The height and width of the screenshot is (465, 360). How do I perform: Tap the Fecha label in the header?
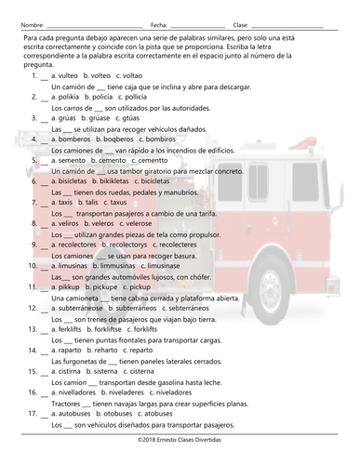(159, 24)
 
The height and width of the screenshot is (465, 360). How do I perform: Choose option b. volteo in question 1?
(98, 75)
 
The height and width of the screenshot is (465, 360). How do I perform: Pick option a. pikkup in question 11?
(68, 286)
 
